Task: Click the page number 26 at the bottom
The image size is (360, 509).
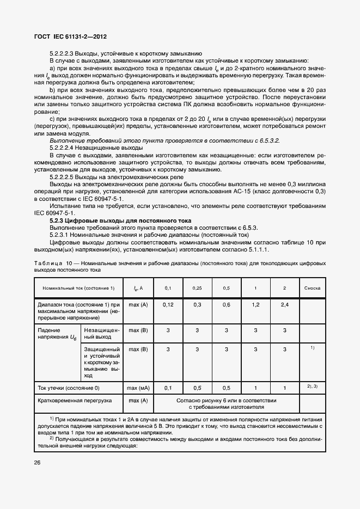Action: [x=38, y=462]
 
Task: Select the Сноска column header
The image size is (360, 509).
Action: [x=312, y=287]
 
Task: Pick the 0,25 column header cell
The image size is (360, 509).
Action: [x=197, y=287]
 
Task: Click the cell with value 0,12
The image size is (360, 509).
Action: [x=168, y=305]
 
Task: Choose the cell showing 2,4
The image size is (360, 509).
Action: [x=284, y=305]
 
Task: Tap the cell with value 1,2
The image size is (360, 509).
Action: [x=255, y=305]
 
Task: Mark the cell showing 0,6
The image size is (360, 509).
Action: [x=227, y=305]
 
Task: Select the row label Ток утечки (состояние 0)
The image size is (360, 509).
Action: [x=69, y=388]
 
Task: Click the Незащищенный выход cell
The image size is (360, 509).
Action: [x=100, y=333]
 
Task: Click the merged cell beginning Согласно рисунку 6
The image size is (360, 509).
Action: [x=226, y=403]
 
